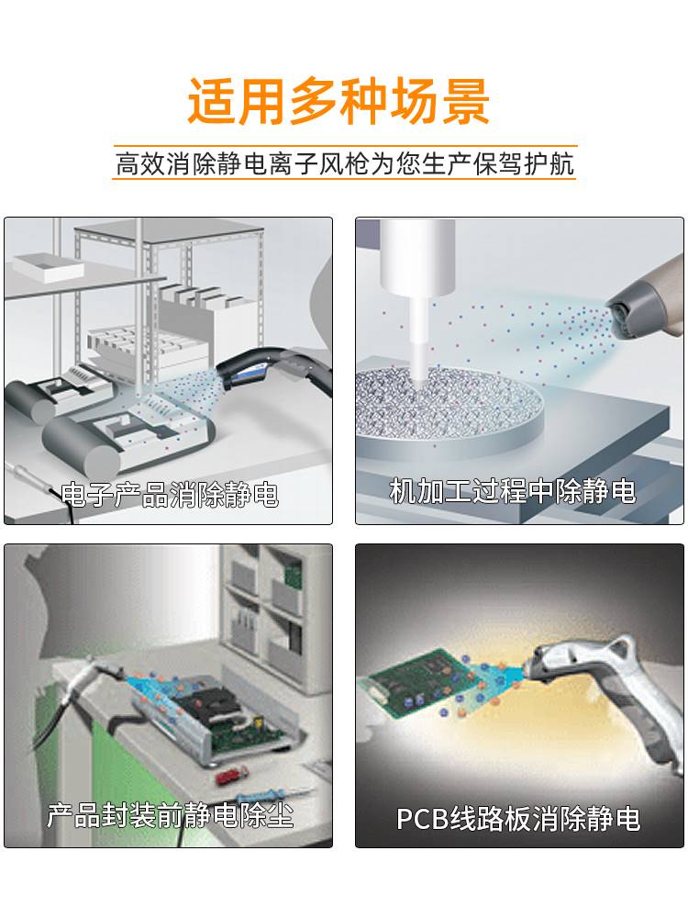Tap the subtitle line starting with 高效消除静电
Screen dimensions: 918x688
coord(344,163)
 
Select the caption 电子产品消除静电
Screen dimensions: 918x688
coord(170,496)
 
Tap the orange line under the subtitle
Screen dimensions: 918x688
coord(344,178)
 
